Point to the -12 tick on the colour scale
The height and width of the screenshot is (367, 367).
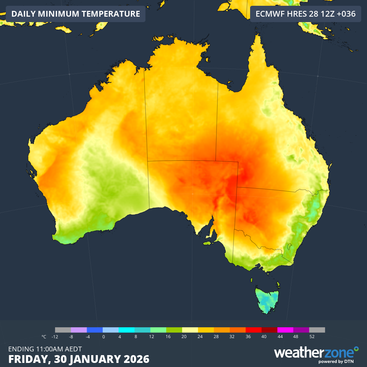click(x=55, y=337)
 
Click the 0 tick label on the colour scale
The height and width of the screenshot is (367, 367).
click(x=103, y=337)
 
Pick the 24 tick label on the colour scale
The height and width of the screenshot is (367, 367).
click(x=199, y=337)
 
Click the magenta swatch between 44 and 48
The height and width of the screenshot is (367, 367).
click(x=285, y=330)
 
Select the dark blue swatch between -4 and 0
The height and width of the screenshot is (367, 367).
click(x=95, y=330)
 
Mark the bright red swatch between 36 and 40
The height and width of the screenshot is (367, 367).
click(x=254, y=330)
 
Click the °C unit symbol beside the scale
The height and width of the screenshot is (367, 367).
click(x=44, y=337)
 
